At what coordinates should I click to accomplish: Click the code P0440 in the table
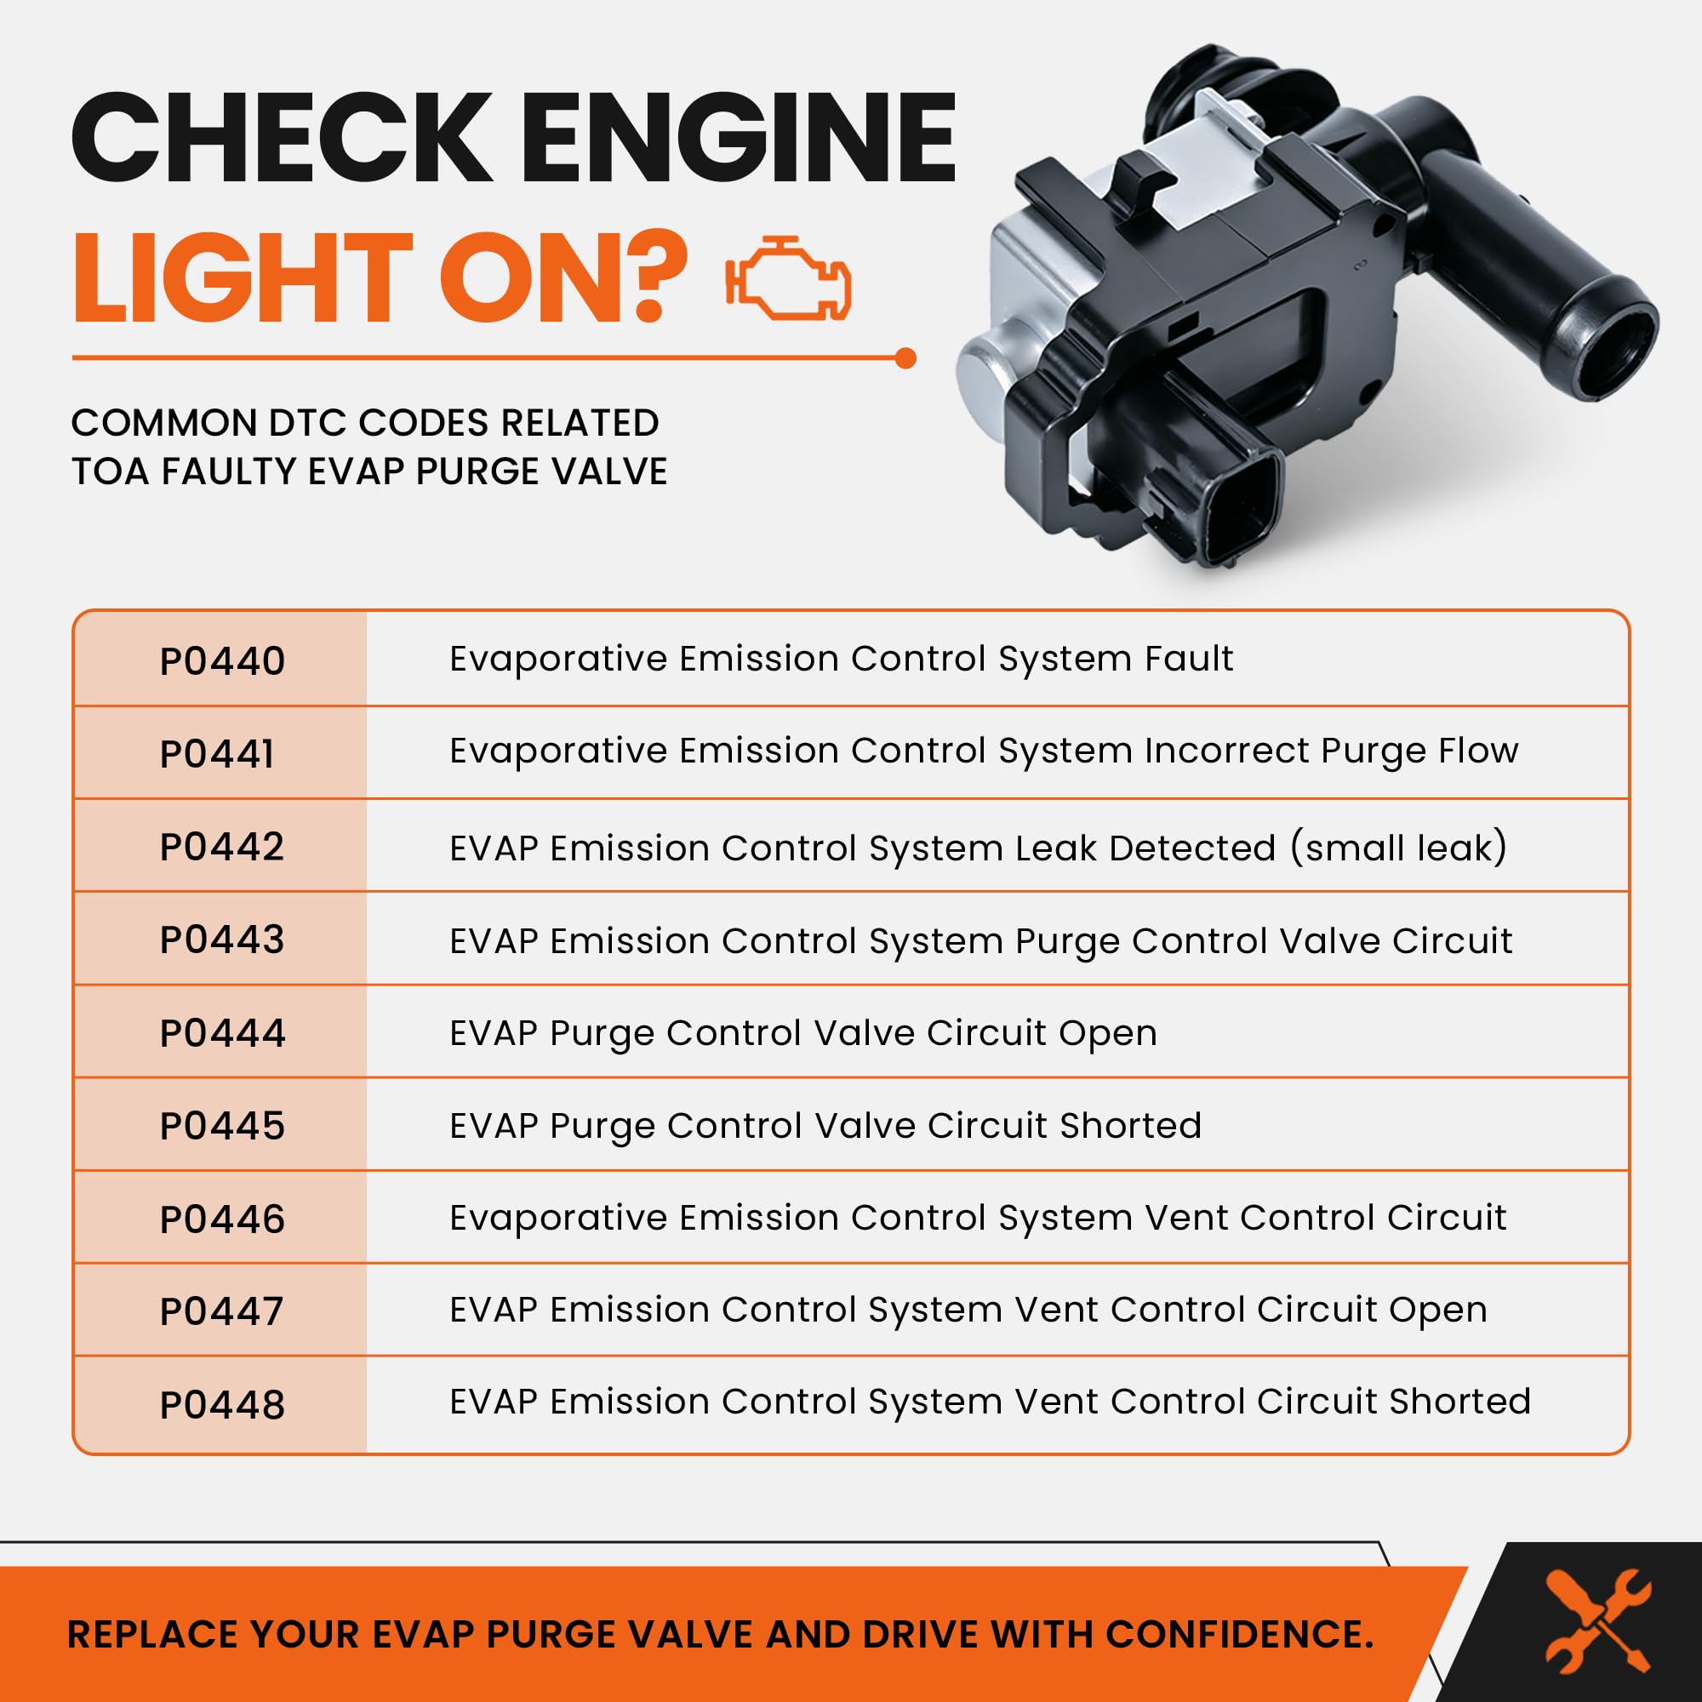click(x=222, y=660)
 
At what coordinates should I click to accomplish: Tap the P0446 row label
click(x=222, y=1219)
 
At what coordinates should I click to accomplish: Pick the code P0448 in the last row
click(x=222, y=1405)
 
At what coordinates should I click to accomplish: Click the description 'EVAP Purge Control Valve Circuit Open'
click(x=802, y=1033)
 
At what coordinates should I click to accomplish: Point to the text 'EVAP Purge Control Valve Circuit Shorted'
click(x=825, y=1126)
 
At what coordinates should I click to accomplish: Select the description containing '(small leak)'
click(x=978, y=848)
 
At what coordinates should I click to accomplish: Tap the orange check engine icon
click(x=789, y=277)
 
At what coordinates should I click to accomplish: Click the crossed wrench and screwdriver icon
click(x=1598, y=1621)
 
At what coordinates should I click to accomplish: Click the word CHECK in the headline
click(x=281, y=139)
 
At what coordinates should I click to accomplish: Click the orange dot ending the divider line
click(x=905, y=358)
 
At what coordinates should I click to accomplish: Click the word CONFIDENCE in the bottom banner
click(x=1240, y=1634)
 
